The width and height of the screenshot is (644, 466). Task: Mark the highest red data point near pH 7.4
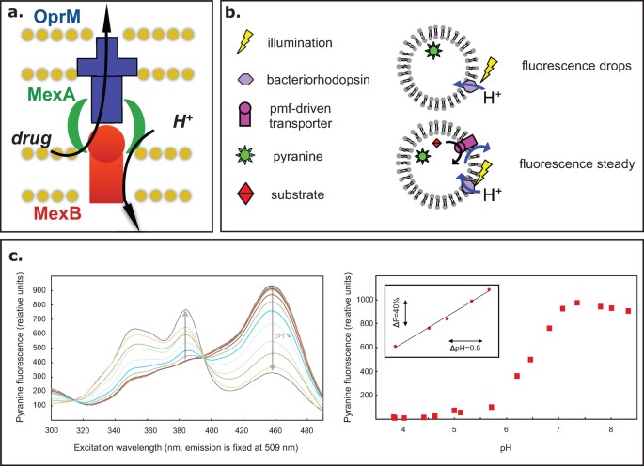(x=576, y=303)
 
